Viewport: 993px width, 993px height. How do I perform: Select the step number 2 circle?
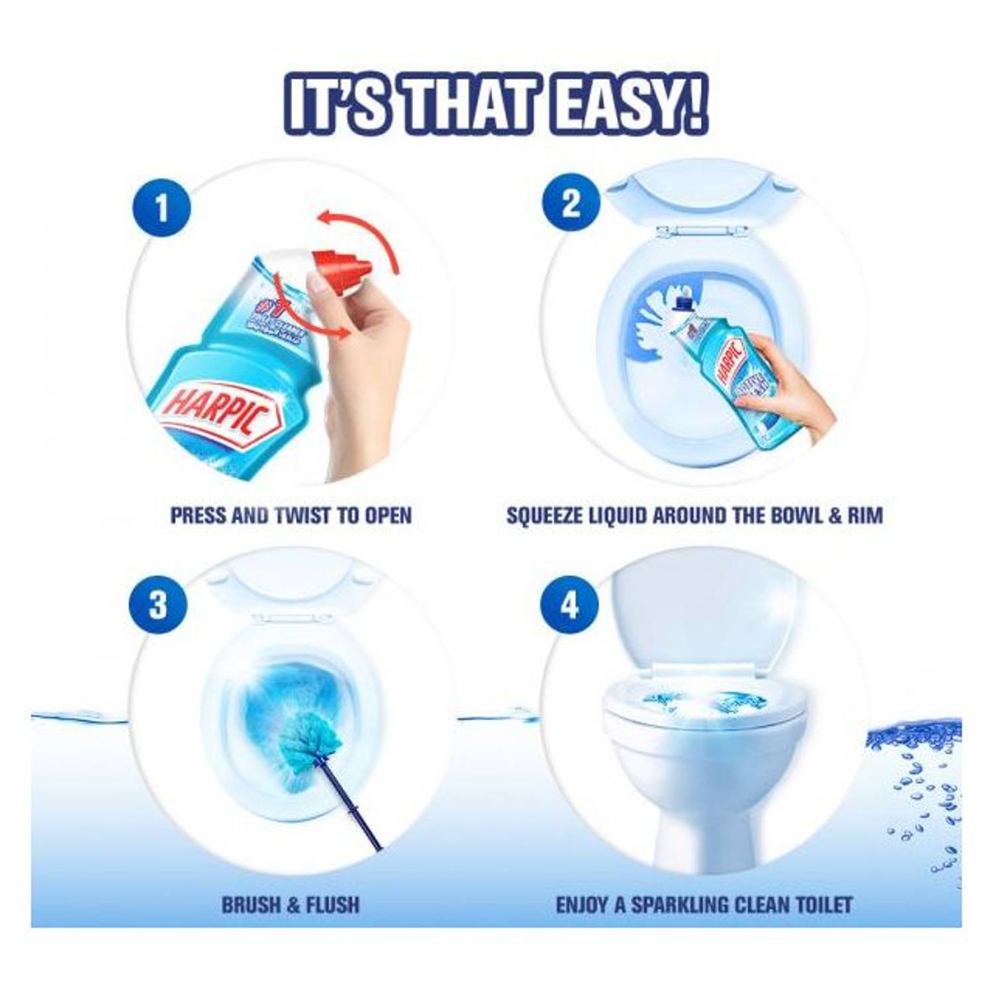pos(571,203)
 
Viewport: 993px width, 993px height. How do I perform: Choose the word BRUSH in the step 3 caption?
pos(249,905)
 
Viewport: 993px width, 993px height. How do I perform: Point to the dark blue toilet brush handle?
pos(351,808)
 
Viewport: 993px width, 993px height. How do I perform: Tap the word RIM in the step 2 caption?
pos(865,516)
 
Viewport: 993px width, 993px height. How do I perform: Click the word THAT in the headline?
pos(463,105)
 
